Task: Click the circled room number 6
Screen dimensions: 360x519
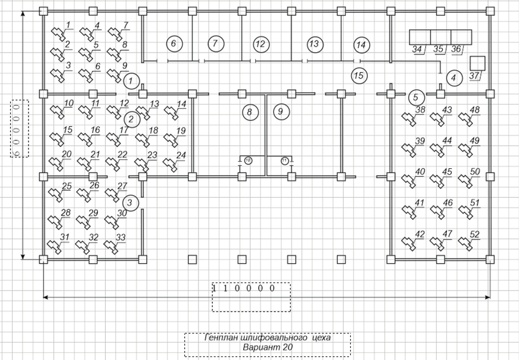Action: pyautogui.click(x=173, y=44)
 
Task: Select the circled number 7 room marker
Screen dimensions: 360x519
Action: pyautogui.click(x=215, y=44)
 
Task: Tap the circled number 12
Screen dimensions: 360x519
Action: pyautogui.click(x=260, y=44)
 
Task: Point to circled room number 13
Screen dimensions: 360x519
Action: pyautogui.click(x=313, y=44)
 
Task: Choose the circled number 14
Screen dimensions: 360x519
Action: pyautogui.click(x=361, y=44)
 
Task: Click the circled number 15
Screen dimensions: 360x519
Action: pyautogui.click(x=359, y=76)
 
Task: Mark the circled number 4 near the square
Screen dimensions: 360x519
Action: pyautogui.click(x=453, y=77)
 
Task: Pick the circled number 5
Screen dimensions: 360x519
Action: pyautogui.click(x=415, y=97)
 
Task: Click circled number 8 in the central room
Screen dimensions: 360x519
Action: pyautogui.click(x=249, y=111)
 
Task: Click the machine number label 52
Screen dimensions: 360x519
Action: pyautogui.click(x=475, y=234)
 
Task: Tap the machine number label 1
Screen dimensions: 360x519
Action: pyautogui.click(x=68, y=25)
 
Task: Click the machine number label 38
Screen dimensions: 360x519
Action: pyautogui.click(x=420, y=110)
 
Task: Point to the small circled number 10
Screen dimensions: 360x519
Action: pyautogui.click(x=248, y=160)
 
